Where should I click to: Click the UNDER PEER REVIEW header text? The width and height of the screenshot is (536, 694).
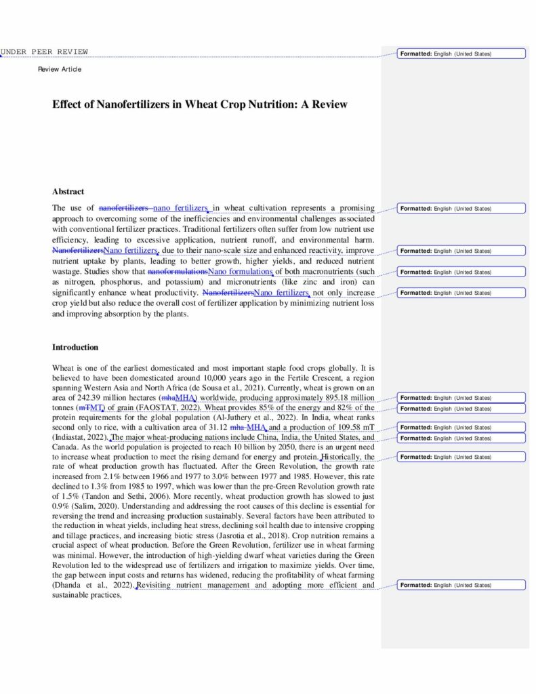pos(44,52)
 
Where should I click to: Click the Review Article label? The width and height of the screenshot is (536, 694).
pos(60,69)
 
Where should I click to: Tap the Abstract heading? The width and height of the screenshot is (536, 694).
pos(68,192)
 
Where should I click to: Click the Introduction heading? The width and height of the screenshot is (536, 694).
pos(75,347)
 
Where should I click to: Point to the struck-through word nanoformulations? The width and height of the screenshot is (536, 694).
pos(178,272)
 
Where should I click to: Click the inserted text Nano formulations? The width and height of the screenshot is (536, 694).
pos(240,272)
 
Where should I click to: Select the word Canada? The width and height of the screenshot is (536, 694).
pos(65,447)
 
